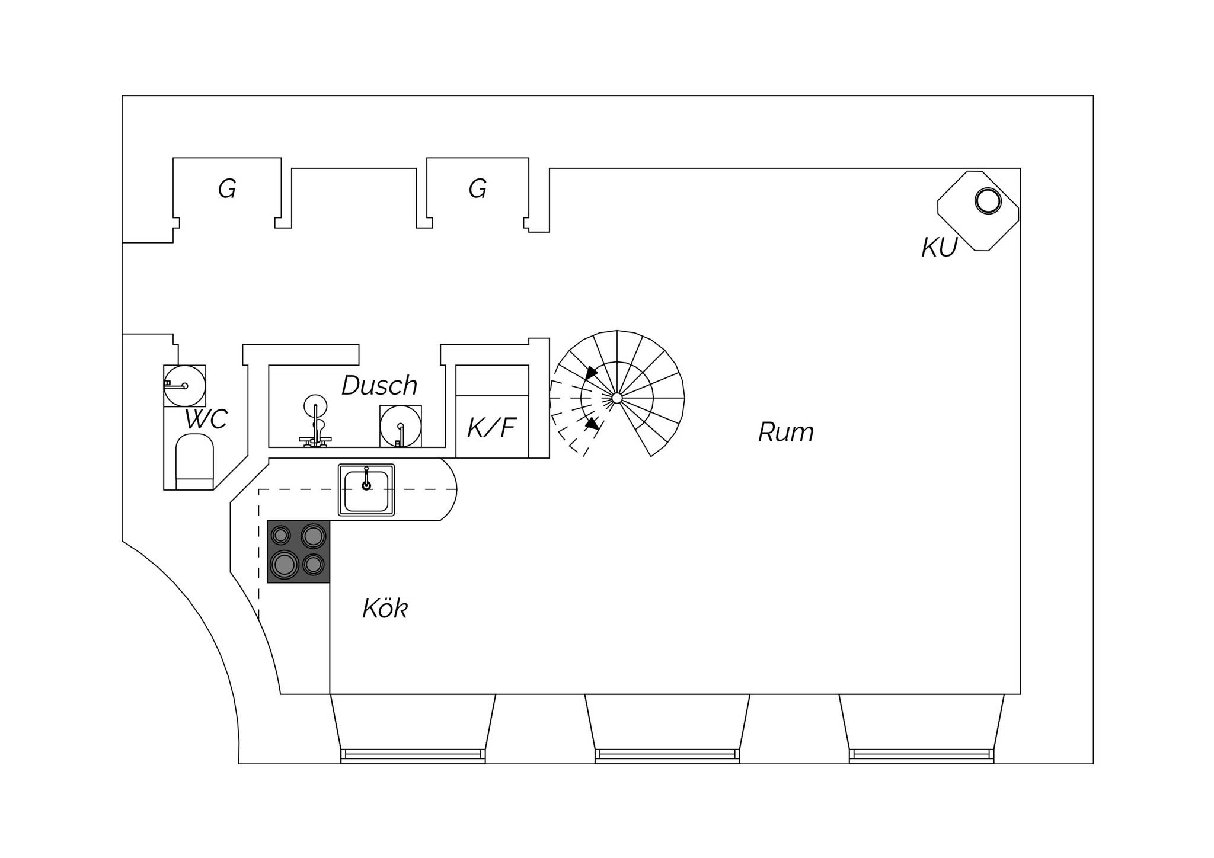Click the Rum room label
[786, 433]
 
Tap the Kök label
[385, 608]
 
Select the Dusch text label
[379, 386]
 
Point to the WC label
[206, 420]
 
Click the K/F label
[492, 428]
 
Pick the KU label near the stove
[940, 248]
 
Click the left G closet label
[227, 189]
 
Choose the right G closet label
[478, 189]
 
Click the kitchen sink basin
[366, 490]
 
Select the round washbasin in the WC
[185, 386]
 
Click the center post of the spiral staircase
[617, 398]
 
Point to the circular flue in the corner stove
[988, 201]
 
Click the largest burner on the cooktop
[285, 564]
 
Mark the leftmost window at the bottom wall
[413, 755]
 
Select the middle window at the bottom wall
[667, 755]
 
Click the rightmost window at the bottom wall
[922, 755]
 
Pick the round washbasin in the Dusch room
[401, 426]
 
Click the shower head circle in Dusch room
[315, 406]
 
